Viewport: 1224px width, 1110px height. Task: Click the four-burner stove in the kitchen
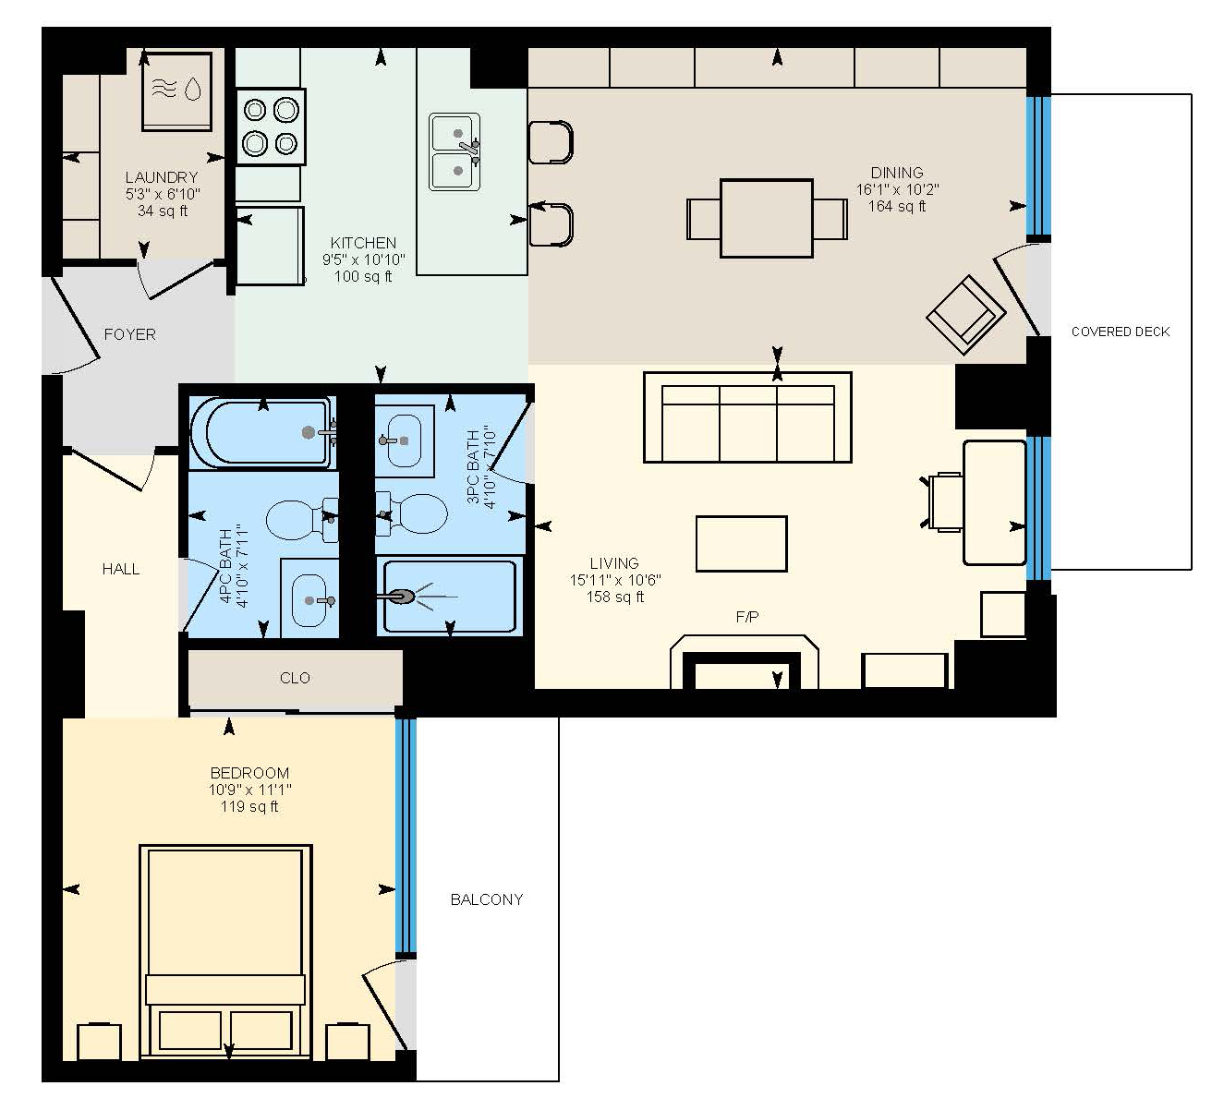click(271, 127)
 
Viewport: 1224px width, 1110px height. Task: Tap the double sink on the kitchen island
click(454, 152)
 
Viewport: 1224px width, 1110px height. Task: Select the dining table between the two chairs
click(767, 219)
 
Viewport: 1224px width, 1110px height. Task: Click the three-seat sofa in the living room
click(747, 417)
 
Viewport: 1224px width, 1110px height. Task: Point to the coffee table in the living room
click(742, 544)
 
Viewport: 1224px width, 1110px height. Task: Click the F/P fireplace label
click(746, 618)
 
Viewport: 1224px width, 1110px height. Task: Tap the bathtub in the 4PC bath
click(263, 432)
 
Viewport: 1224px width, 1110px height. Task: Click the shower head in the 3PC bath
click(400, 597)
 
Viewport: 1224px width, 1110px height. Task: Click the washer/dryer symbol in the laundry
click(177, 90)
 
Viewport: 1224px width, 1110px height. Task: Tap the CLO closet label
click(295, 678)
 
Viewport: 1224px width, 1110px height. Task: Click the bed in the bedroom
click(225, 955)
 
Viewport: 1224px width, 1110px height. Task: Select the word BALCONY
click(486, 899)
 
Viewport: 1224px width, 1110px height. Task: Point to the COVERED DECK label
click(1121, 332)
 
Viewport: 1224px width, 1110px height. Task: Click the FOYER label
click(130, 334)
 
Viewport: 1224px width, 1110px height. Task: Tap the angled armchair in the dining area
click(966, 315)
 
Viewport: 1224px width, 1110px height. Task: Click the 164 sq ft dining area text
click(897, 206)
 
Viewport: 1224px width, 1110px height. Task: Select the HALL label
click(121, 570)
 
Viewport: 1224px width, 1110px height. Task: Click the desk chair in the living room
click(943, 502)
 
